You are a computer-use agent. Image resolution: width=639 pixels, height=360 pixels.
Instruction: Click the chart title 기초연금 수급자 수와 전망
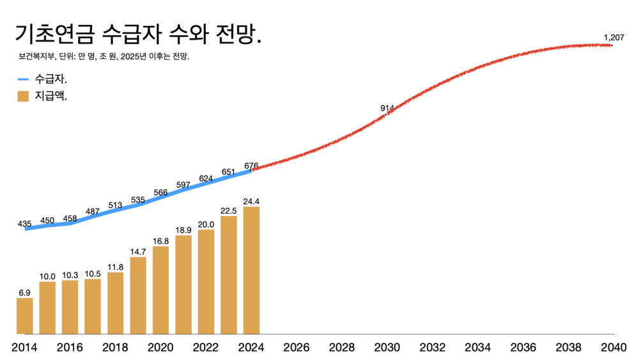click(138, 34)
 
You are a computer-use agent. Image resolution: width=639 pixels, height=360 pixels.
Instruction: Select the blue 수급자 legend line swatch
click(24, 80)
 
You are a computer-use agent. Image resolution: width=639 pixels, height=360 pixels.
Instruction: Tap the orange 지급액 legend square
click(24, 97)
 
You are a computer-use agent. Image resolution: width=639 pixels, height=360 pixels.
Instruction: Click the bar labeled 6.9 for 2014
click(24, 316)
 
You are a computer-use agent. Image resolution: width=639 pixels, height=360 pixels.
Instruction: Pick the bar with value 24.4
click(252, 270)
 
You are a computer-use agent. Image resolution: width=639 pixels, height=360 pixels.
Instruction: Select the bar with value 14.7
click(138, 295)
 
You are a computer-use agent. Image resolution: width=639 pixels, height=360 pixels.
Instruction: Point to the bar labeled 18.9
click(183, 285)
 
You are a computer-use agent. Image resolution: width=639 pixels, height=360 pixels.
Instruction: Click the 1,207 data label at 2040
click(613, 38)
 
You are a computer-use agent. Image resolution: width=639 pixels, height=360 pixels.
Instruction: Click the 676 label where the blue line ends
click(251, 166)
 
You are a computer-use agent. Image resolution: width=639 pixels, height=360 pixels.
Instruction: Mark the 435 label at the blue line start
click(24, 224)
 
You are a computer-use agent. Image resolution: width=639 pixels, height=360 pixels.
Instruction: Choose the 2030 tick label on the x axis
click(387, 347)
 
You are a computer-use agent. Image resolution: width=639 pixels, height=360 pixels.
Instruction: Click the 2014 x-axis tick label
click(24, 347)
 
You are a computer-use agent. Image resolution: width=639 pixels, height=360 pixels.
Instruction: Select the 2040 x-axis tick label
click(613, 347)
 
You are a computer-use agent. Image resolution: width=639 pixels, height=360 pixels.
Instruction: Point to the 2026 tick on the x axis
click(296, 347)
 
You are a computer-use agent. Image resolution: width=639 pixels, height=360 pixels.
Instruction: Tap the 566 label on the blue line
click(160, 192)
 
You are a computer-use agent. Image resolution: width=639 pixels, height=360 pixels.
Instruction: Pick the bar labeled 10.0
click(47, 308)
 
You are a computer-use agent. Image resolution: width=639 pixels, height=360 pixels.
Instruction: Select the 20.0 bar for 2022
click(206, 281)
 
